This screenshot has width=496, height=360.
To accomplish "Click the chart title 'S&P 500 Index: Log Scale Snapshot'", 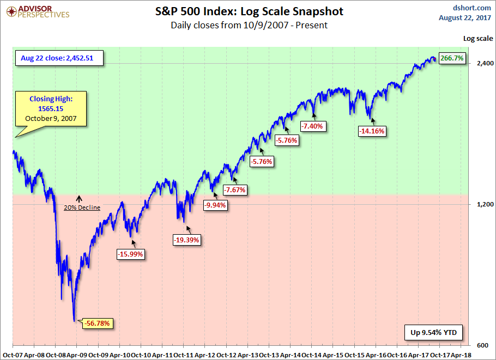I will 249,11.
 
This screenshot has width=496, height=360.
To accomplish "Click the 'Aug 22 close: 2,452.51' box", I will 59,58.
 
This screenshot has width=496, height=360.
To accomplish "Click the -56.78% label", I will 99,324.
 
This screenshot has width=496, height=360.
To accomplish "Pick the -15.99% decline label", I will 131,254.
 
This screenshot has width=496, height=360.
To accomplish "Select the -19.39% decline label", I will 186,239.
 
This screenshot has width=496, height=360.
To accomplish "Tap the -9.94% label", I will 216,205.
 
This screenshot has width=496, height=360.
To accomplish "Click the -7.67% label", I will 235,190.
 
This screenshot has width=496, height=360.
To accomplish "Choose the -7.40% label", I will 312,126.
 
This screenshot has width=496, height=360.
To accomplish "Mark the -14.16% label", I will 372,131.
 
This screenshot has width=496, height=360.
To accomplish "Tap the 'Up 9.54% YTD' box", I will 434,332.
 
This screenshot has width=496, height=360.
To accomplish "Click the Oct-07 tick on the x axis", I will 11,354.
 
